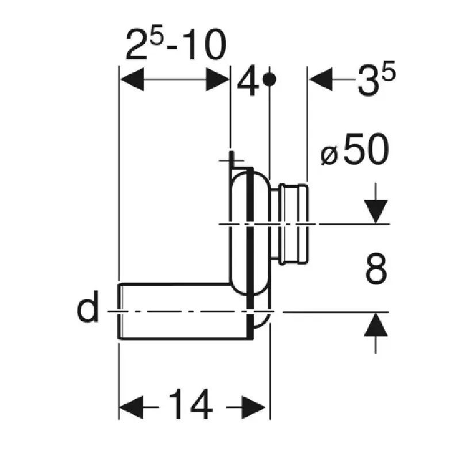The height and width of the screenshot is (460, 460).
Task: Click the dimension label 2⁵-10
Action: click(x=176, y=45)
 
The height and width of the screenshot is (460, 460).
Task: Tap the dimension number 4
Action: click(x=248, y=84)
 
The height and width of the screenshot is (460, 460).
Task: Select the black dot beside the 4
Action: click(x=269, y=79)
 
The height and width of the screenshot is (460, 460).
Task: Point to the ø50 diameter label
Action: click(x=355, y=149)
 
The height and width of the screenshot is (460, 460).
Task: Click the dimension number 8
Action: click(x=376, y=269)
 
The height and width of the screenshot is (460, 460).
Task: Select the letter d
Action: click(x=87, y=306)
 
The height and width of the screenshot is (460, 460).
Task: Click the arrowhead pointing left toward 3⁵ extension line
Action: click(x=321, y=79)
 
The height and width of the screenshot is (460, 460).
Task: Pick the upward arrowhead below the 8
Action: click(x=376, y=324)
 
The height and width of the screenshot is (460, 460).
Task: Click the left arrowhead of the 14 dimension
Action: click(x=132, y=407)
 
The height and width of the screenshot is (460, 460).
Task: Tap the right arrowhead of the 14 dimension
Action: click(x=253, y=407)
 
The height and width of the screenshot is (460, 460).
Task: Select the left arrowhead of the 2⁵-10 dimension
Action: click(x=132, y=79)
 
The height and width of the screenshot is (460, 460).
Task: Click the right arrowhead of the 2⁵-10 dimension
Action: click(x=218, y=79)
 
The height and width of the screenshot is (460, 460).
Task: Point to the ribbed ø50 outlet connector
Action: click(x=290, y=224)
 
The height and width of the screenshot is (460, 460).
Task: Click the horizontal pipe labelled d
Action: click(x=185, y=312)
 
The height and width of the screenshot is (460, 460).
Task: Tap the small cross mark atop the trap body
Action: click(x=232, y=160)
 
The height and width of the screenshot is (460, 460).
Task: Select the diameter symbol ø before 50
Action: click(x=329, y=155)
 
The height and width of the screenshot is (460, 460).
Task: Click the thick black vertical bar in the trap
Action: click(x=250, y=252)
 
